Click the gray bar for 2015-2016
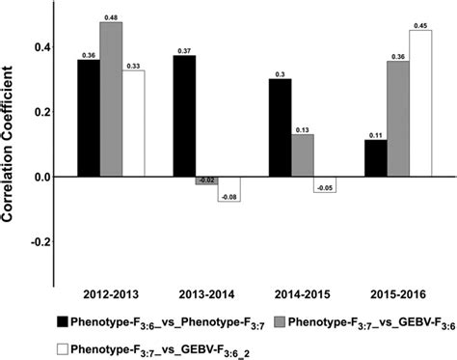tap(396, 119)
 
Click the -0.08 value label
tap(228, 198)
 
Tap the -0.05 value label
tap(325, 188)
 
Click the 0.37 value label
tap(183, 49)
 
